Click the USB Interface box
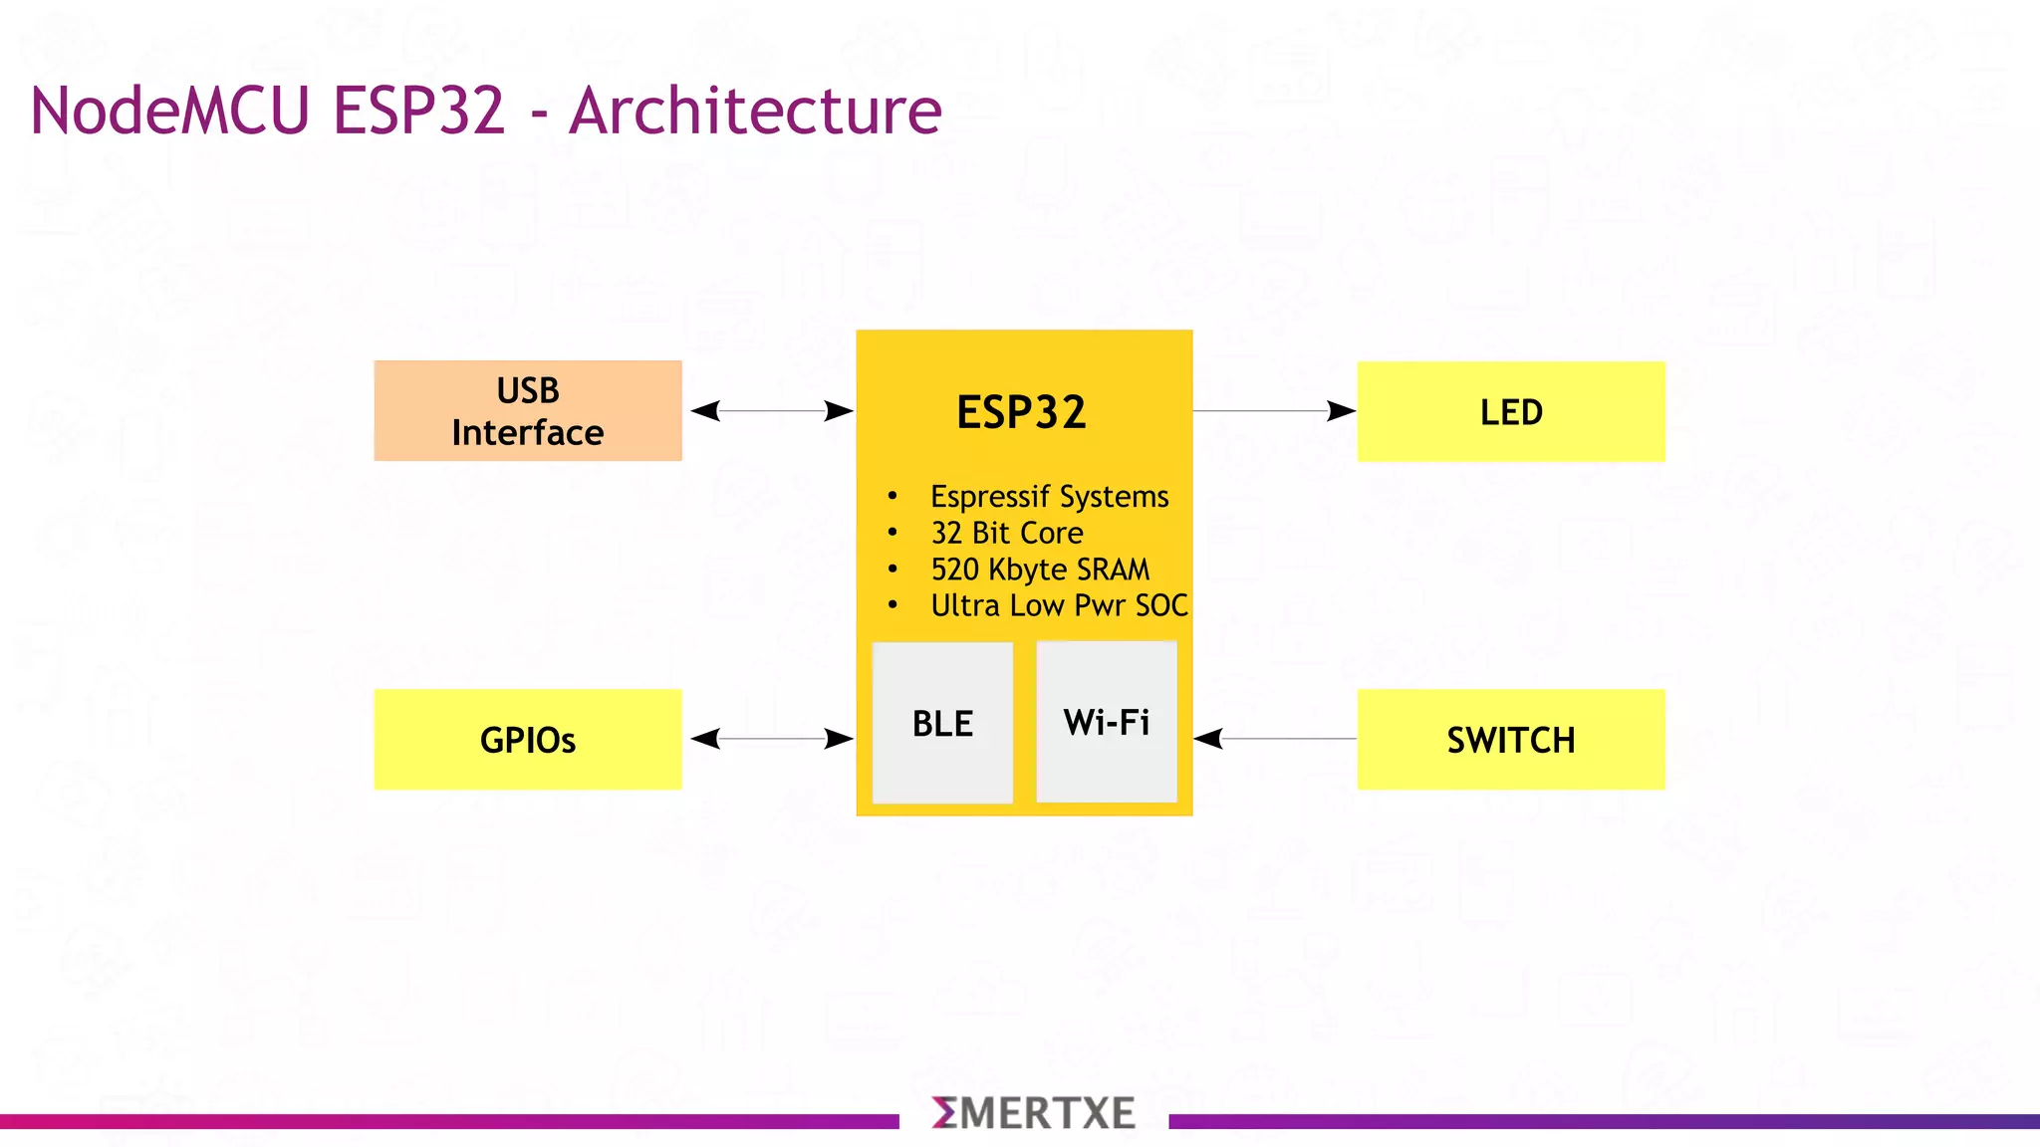[528, 411]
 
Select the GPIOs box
[528, 740]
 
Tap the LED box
[1511, 411]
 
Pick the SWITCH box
[1511, 740]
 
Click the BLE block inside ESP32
[942, 723]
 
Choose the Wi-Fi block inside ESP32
[1107, 722]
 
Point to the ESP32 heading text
[1021, 412]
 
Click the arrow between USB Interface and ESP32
[771, 410]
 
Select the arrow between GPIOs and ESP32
[771, 739]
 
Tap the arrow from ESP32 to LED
[1275, 410]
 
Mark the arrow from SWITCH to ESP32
[1275, 739]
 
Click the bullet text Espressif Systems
[1049, 496]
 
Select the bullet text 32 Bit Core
[1006, 533]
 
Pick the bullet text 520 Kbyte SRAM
[1040, 570]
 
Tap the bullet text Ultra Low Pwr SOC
[1059, 605]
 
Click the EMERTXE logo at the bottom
[1033, 1113]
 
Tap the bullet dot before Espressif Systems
[892, 496]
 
